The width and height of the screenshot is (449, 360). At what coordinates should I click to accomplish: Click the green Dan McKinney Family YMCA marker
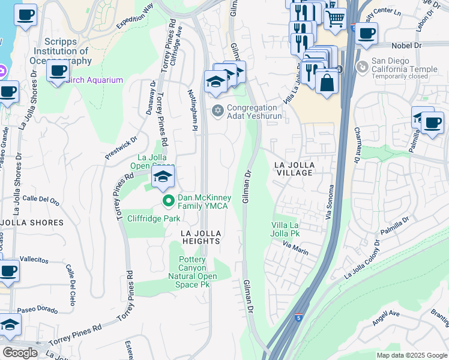point(169,201)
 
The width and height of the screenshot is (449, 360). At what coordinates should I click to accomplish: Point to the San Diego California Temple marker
point(362,66)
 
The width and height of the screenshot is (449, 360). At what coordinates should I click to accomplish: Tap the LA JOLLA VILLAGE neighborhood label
point(294,168)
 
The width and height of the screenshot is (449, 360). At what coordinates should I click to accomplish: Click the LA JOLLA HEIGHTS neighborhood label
point(202,236)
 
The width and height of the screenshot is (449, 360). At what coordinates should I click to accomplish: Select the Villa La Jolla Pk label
point(285,229)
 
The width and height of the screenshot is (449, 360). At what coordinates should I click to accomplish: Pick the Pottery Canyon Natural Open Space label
point(193,272)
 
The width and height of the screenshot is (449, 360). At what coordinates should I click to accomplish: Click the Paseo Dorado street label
point(37,310)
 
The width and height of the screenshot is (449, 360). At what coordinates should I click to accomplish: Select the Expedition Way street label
point(136,15)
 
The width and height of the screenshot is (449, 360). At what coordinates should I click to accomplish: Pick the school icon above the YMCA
point(162,176)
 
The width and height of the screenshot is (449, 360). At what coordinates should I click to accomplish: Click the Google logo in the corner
point(20,352)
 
